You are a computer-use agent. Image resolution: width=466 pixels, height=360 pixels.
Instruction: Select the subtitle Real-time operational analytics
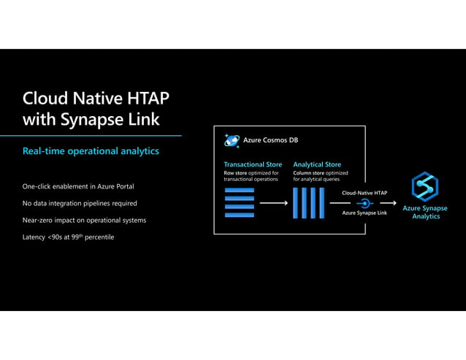91,151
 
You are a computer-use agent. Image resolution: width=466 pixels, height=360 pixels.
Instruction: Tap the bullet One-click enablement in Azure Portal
78,187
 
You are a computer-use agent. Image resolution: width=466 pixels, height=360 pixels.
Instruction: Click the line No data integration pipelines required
80,203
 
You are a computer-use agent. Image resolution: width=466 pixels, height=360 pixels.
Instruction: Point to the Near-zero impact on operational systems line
84,220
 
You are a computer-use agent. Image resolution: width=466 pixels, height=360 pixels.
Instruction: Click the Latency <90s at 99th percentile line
68,237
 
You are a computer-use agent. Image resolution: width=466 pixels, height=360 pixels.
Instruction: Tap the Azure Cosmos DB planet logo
232,140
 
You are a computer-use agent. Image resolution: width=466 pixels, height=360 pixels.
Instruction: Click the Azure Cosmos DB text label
270,140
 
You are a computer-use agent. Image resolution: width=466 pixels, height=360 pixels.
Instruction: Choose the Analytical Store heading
317,164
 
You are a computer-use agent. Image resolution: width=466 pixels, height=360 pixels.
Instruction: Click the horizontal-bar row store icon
240,203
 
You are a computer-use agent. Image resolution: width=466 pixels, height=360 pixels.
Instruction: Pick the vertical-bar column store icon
308,203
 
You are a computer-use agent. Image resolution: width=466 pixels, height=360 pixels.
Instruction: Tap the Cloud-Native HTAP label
364,193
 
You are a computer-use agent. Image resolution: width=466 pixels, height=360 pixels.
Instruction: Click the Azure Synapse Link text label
364,213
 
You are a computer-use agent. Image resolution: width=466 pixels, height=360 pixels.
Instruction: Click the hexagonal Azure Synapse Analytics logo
424,185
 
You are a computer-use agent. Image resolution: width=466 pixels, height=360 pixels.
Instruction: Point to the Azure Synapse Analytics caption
425,212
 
